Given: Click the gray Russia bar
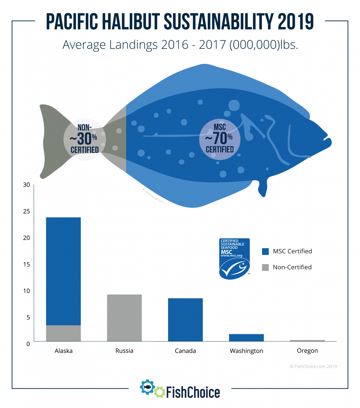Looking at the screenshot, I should coord(124,318).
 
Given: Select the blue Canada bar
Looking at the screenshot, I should coord(185,320).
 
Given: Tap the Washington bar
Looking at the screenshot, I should coord(246,338).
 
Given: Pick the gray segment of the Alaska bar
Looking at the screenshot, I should coord(63,333).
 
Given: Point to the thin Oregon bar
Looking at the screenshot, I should coord(307,340).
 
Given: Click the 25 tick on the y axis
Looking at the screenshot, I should coord(26,211).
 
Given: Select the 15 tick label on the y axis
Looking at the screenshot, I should coord(26,264).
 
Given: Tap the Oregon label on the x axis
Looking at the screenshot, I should coord(307,351).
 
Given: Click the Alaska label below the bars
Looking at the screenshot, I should coord(63,351).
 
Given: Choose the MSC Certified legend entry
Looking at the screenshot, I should coord(287,252).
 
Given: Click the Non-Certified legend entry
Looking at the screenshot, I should coord(287,267).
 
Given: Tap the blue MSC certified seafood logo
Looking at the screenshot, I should coord(234,258).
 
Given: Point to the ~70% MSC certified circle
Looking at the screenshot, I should coord(219,139).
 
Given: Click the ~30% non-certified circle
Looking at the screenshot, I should coord(85,139).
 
